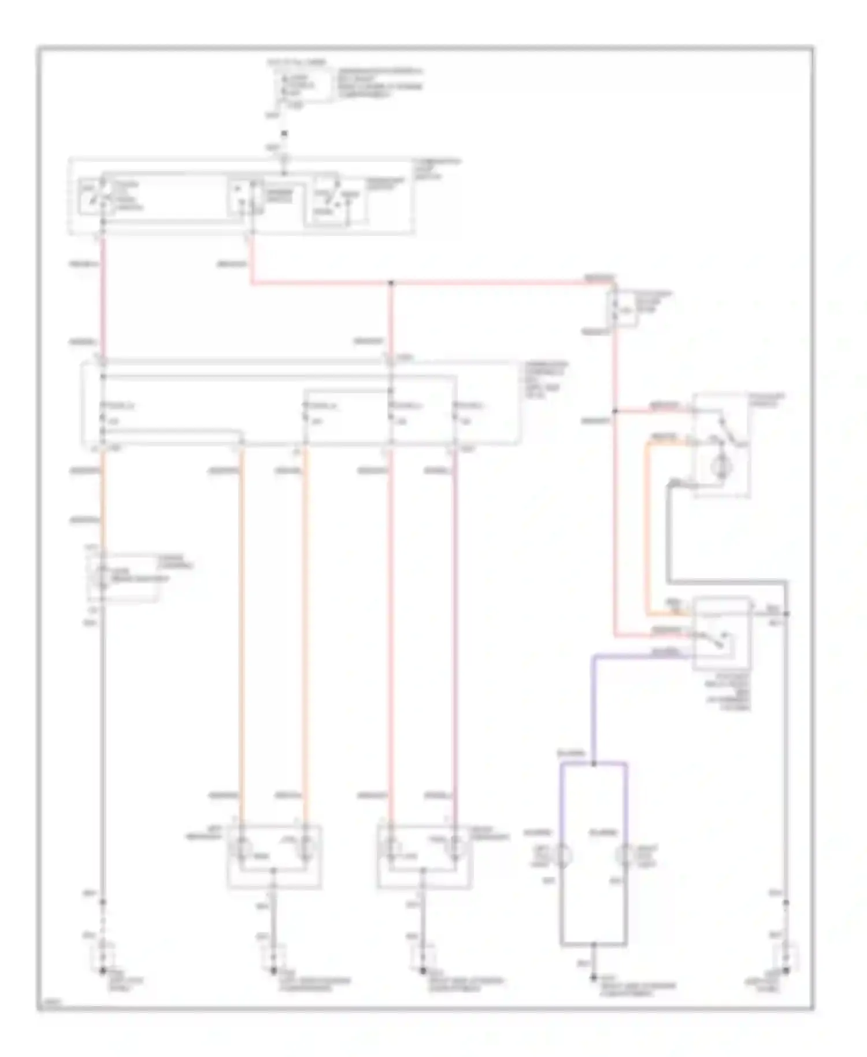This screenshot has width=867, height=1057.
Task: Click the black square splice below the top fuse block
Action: coord(284,134)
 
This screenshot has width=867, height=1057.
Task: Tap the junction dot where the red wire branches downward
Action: coord(391,283)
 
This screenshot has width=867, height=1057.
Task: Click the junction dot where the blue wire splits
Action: coord(594,763)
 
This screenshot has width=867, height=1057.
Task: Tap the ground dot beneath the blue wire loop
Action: coord(594,977)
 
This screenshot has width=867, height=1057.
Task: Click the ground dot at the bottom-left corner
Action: coord(103,971)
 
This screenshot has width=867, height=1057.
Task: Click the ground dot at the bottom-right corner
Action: coord(786,971)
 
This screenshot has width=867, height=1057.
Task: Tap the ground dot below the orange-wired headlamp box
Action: coord(273,971)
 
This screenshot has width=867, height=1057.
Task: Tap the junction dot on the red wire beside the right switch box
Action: coord(615,411)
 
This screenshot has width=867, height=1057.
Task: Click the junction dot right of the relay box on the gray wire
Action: coord(786,613)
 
